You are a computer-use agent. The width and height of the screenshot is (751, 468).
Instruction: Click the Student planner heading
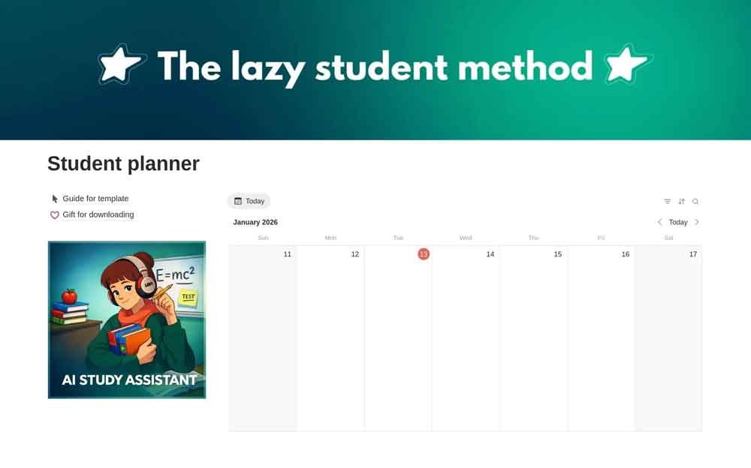[x=123, y=163]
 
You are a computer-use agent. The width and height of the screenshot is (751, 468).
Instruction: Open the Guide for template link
[x=95, y=199]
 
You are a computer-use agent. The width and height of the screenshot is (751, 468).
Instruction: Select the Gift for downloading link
[x=98, y=214]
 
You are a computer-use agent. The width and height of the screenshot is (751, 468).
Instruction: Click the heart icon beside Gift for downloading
[x=55, y=215]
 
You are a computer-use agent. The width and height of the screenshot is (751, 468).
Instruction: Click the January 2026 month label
[x=255, y=222]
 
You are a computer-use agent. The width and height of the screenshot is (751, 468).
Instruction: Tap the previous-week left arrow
[x=659, y=222]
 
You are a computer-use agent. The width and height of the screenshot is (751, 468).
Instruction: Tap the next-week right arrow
[x=697, y=222]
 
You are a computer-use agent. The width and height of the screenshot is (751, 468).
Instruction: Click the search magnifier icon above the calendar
[x=695, y=202]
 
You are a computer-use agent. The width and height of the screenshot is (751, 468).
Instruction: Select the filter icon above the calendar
[x=667, y=202]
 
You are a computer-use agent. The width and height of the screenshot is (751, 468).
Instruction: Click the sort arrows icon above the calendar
[x=681, y=202]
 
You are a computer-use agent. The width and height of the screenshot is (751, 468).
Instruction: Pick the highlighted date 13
[x=424, y=254]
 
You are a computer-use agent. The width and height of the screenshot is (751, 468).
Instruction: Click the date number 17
[x=692, y=254]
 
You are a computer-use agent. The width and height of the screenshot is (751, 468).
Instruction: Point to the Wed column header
[x=466, y=238]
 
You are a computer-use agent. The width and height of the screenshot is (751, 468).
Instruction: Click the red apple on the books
[x=69, y=296]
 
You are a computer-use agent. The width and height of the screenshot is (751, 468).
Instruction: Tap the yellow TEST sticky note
[x=188, y=298]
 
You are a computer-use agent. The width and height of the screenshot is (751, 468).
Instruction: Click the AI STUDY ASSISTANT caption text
[x=129, y=379]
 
